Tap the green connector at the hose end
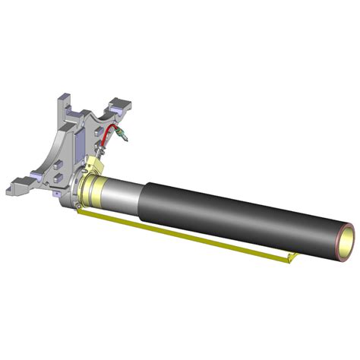coord(124,137)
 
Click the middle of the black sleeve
coord(243,216)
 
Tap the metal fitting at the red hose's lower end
coord(99,153)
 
